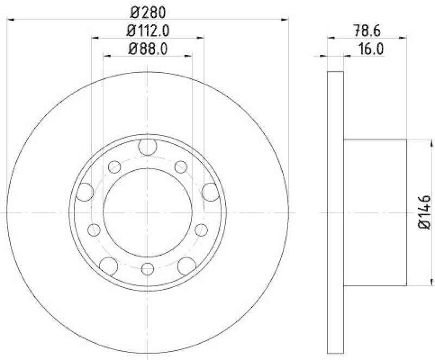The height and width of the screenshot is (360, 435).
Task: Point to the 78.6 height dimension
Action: pos(368,29)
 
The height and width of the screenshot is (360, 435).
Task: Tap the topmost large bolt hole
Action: pos(147,146)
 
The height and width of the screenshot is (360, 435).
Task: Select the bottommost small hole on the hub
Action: pos(147,268)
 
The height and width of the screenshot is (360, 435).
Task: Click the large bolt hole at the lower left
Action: pos(109,265)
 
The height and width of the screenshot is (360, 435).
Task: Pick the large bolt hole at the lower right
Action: pos(187,265)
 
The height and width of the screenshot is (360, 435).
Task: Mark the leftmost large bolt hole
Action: pos(85,191)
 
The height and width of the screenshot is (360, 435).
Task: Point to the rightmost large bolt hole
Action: pos(210,191)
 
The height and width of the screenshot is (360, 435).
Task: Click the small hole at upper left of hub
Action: pos(114,167)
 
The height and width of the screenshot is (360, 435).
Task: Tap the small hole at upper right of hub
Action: pos(181,167)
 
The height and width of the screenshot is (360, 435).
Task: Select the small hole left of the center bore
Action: pos(94,229)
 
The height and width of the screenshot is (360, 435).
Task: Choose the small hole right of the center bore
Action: pos(201,229)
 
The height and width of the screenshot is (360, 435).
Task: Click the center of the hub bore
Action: pos(147,212)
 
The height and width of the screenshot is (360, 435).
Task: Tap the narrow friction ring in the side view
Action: pos(335,212)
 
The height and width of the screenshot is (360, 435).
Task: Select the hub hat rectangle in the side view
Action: pos(375,212)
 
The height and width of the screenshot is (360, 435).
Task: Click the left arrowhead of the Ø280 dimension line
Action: pos(9,19)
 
